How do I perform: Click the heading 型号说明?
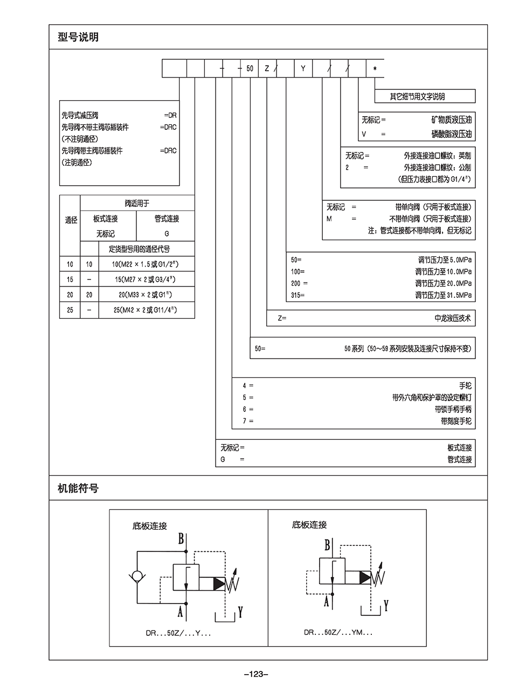pos(78,38)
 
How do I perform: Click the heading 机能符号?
pos(78,489)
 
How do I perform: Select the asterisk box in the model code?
pos(375,68)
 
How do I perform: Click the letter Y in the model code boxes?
pos(303,68)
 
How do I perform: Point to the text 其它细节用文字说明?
pos(418,97)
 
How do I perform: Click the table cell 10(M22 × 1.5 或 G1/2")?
pos(146,264)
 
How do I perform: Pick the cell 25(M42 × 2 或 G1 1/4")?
pos(146,310)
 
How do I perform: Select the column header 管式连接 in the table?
pos(167,219)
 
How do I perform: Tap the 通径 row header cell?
pos(71,220)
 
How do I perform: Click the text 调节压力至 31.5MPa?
pos(443,295)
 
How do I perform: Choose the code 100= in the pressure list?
pos(298,271)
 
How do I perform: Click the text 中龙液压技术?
pos(453,318)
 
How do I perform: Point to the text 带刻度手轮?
pos(456,421)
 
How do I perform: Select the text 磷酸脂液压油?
pos(451,134)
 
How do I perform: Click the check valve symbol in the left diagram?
pos(137,577)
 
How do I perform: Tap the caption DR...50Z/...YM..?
pos(338,633)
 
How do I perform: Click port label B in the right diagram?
pos(327,545)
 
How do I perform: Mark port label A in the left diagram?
pos(181,612)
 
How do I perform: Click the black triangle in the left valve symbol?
pos(219,584)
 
